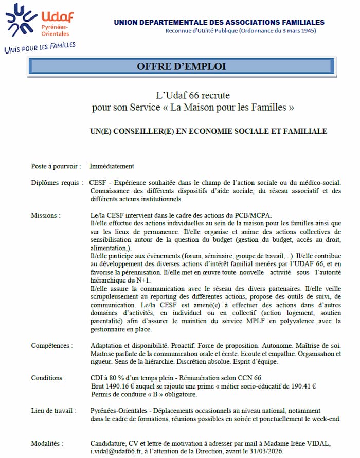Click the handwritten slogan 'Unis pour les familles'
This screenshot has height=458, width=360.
coord(40,47)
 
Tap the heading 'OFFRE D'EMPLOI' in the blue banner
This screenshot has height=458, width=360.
coord(181,66)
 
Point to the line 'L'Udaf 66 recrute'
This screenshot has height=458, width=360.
coord(193,95)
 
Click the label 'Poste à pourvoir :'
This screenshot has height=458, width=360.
coord(56,166)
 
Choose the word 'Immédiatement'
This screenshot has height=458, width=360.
coord(112,166)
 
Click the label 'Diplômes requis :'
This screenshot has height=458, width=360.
coord(57,183)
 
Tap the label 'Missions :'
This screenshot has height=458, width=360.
coord(45,215)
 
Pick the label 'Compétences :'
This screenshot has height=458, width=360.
coord(51,345)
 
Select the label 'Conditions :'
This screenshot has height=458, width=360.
coord(48,378)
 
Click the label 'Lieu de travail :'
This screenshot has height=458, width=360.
coord(53,411)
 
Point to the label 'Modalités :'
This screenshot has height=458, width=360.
coord(47,443)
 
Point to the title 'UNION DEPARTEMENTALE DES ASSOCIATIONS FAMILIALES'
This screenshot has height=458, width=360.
coord(219,22)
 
